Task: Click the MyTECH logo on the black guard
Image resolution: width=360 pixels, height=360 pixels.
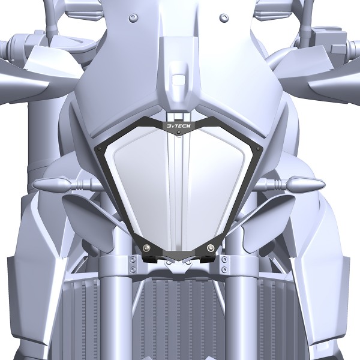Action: tap(178, 125)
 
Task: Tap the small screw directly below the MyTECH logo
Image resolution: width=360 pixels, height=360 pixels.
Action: tap(179, 133)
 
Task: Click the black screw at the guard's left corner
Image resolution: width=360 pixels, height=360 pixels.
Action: tap(99, 149)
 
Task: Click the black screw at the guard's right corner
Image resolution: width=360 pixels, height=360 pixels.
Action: tap(258, 149)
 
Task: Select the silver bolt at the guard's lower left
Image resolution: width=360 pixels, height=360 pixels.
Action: tap(147, 247)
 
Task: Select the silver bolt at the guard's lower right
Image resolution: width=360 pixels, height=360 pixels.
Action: tap(211, 247)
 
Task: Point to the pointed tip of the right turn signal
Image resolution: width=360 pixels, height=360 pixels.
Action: tap(324, 184)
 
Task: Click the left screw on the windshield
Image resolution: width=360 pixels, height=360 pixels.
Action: tap(133, 17)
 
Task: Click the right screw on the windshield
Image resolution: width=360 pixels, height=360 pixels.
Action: tap(223, 17)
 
